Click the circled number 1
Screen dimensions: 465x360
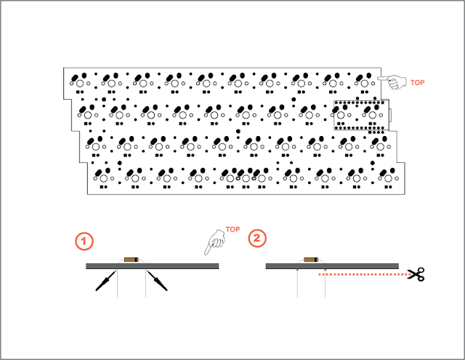tap(84, 241)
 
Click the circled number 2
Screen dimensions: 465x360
tap(257, 238)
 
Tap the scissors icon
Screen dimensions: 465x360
tap(416, 274)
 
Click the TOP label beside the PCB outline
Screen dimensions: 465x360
tap(417, 83)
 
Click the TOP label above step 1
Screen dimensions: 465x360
tap(232, 229)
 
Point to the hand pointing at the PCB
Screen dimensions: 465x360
tap(392, 81)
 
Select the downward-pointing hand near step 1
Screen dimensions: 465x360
tap(215, 242)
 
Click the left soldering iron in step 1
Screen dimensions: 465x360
tap(105, 281)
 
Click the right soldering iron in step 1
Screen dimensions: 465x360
tap(157, 281)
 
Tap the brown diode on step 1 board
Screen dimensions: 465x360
tap(132, 260)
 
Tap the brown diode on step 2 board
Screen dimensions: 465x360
tap(311, 260)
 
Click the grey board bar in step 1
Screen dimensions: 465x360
tap(153, 266)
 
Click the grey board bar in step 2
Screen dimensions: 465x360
tap(332, 266)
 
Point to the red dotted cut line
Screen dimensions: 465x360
tap(364, 274)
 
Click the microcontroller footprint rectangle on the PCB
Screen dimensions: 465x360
tap(361, 115)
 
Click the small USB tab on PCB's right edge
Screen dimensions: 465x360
tap(390, 115)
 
